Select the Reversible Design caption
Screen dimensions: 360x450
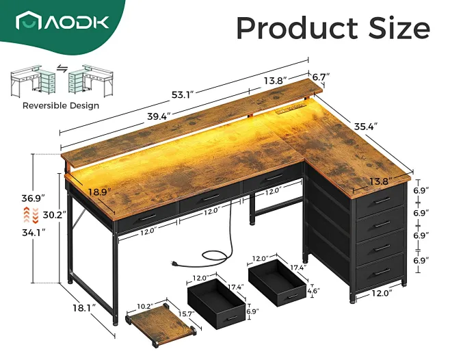tap(60, 105)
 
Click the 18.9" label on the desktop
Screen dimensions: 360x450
tap(99, 191)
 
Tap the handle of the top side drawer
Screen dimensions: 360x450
tap(382, 201)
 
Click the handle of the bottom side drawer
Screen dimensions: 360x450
tap(382, 272)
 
